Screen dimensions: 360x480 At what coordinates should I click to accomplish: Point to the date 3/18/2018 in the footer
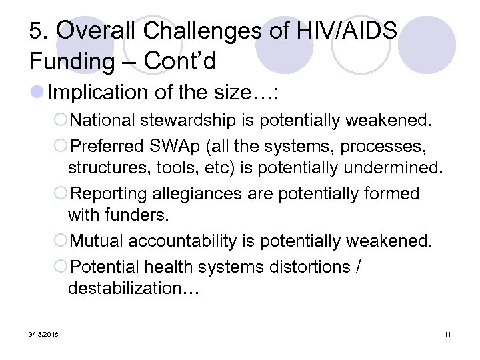43,333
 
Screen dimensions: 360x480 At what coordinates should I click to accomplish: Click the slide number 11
447,333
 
